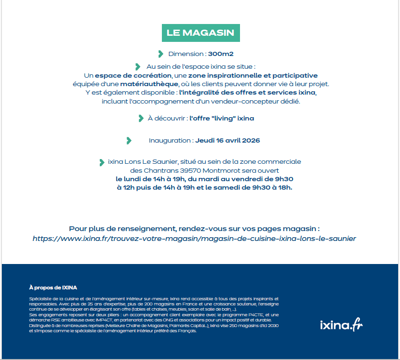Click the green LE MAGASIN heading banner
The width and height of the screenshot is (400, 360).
200,33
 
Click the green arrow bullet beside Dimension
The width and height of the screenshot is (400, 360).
161,54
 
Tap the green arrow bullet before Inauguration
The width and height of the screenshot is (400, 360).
129,140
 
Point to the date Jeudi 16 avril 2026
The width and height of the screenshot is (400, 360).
228,140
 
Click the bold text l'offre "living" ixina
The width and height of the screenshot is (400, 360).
222,118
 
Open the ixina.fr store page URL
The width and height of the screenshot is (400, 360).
194,239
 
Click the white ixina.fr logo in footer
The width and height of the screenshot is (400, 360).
341,325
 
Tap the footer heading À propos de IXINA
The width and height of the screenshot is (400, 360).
53,287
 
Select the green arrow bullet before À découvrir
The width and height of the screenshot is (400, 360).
141,118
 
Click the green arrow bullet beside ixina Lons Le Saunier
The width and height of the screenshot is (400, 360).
102,162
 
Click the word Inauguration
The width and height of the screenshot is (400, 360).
169,140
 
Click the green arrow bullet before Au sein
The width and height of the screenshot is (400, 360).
138,67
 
